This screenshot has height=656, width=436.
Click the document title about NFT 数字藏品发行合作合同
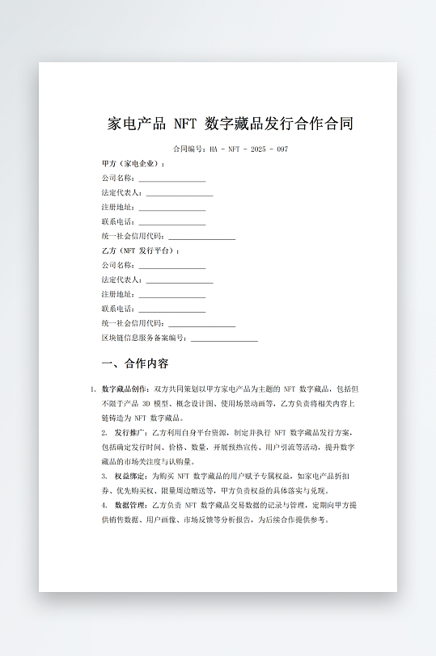(231, 124)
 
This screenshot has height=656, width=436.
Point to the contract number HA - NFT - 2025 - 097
(231, 149)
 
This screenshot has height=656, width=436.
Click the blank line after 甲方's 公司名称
(171, 179)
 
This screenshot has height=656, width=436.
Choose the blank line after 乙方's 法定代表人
(180, 280)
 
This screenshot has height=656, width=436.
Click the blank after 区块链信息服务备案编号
(224, 339)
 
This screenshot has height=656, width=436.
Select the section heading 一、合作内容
(135, 364)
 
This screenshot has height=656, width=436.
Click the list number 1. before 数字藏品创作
(93, 389)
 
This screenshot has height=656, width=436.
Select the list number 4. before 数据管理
(104, 505)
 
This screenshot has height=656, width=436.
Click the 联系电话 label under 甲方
(118, 221)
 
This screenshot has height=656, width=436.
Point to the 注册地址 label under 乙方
(118, 294)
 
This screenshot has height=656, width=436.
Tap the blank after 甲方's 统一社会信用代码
(201, 237)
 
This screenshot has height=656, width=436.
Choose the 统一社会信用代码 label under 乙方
(133, 323)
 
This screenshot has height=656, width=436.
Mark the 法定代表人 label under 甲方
(121, 193)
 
